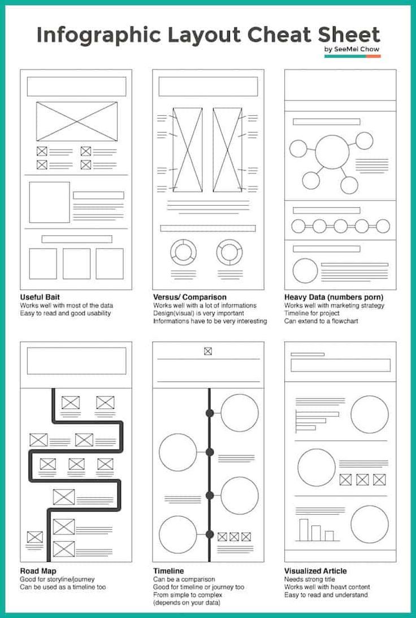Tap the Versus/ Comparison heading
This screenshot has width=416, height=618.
click(x=189, y=297)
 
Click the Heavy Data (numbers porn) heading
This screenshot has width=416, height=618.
click(x=333, y=297)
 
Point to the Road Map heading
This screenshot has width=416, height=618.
click(x=38, y=571)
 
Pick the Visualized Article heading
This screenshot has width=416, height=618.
click(x=315, y=571)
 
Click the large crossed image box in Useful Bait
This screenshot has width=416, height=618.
click(x=77, y=121)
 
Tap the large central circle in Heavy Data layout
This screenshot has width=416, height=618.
click(x=332, y=152)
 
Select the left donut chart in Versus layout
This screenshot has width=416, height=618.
click(x=184, y=251)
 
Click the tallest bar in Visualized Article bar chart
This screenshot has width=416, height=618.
click(x=304, y=530)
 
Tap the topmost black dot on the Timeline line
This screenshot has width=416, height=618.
click(x=210, y=413)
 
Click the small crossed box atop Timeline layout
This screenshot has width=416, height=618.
click(x=208, y=351)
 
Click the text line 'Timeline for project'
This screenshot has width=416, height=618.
click(x=311, y=314)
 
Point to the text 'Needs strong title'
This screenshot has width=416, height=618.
click(x=309, y=580)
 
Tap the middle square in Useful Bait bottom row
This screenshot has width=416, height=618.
click(x=76, y=264)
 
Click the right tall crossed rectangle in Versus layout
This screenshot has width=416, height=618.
click(x=227, y=150)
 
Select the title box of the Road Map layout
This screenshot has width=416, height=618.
click(x=76, y=360)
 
